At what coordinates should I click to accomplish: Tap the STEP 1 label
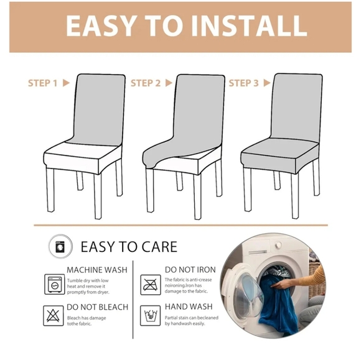(x=43, y=83)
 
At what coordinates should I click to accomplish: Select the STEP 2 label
(x=146, y=83)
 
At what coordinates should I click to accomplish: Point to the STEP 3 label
(x=243, y=83)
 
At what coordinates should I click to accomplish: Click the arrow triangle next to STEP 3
(x=268, y=83)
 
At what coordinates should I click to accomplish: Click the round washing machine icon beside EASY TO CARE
(x=59, y=246)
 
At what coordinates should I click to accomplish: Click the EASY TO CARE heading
(x=129, y=246)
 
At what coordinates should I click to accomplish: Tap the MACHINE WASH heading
(x=97, y=270)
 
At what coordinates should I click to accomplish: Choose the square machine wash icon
(x=54, y=284)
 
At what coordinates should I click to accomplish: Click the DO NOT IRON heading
(x=190, y=270)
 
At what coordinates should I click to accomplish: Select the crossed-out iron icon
(x=149, y=284)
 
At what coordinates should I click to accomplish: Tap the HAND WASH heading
(x=188, y=307)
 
